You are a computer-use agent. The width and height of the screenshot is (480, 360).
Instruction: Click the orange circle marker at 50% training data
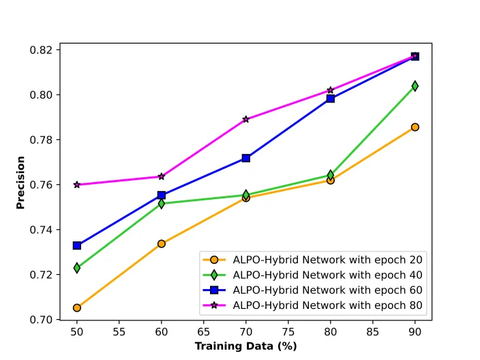[77, 307]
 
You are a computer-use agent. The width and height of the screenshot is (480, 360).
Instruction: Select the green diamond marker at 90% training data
[415, 86]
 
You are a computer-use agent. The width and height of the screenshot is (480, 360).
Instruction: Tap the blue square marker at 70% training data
[246, 158]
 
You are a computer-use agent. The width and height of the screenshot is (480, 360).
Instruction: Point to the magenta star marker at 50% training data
[77, 185]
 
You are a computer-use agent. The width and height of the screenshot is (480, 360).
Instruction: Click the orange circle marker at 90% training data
[415, 127]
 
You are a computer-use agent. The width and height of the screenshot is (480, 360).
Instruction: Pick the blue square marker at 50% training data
[77, 245]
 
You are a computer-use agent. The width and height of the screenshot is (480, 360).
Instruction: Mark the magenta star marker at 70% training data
[246, 119]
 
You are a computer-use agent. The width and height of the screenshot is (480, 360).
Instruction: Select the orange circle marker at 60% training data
[162, 243]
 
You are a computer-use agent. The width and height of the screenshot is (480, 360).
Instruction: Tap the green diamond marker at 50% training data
[77, 268]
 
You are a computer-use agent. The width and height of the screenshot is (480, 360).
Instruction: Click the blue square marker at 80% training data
[330, 98]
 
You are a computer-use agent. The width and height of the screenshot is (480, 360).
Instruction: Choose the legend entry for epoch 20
[312, 260]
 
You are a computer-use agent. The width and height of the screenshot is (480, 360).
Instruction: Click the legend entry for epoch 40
[312, 275]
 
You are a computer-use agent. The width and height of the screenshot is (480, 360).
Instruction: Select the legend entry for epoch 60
[312, 290]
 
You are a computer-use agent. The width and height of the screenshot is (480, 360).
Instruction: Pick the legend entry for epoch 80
[312, 305]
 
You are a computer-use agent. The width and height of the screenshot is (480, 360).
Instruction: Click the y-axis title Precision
[20, 183]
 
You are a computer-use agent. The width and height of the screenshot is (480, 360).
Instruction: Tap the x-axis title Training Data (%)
[246, 346]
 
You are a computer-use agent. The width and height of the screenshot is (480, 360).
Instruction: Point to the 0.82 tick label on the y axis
[41, 50]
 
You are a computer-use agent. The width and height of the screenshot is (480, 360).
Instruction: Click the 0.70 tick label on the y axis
[41, 320]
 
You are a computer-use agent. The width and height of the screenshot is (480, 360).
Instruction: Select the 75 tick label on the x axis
[288, 332]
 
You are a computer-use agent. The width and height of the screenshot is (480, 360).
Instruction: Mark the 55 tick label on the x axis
[119, 332]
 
